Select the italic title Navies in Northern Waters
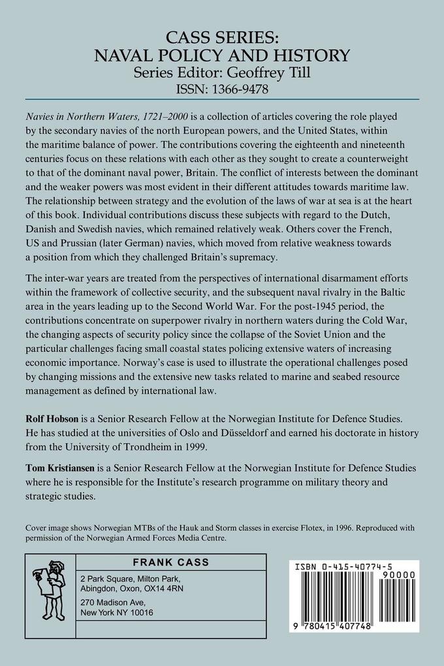tap(86, 114)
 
